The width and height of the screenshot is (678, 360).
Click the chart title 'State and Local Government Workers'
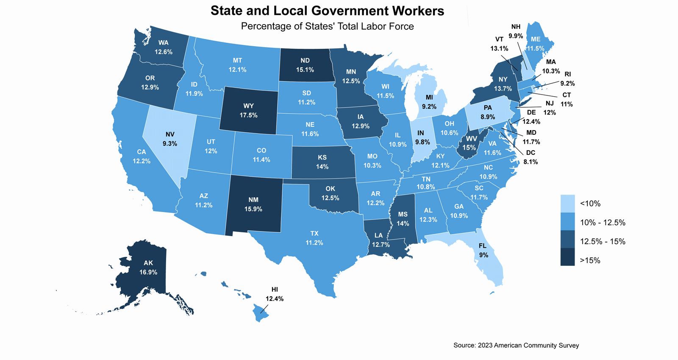[x=327, y=11]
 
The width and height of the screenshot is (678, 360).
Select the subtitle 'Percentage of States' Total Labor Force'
[x=327, y=26]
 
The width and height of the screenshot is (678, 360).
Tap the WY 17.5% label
[x=248, y=110]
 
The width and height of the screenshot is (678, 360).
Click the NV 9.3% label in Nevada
[x=169, y=139]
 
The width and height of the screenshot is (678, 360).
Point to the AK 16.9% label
[x=148, y=268]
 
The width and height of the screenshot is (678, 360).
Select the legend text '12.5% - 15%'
[x=602, y=241]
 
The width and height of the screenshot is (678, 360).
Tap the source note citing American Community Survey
[x=516, y=345]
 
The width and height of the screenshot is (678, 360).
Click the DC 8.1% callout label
[x=531, y=157]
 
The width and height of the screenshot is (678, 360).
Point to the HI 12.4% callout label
[x=275, y=294]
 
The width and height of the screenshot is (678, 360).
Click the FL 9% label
[x=483, y=250]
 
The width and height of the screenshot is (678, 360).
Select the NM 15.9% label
[x=253, y=204]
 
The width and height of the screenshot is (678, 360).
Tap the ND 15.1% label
[x=305, y=65]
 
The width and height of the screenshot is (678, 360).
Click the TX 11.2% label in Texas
[x=314, y=238]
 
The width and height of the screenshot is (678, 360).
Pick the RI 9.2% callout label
[x=567, y=79]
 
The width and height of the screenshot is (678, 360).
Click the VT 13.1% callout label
[x=499, y=44]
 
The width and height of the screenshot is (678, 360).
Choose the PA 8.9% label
[x=488, y=112]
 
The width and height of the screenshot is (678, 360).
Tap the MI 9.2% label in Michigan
[x=429, y=102]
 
